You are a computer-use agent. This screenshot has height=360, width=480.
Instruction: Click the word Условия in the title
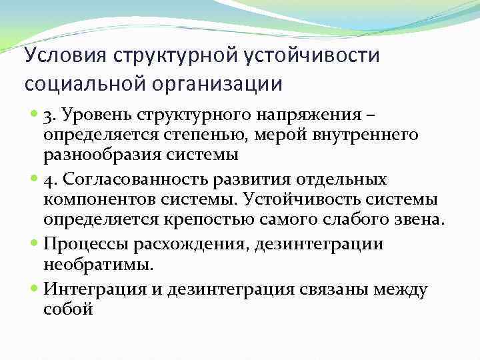63,55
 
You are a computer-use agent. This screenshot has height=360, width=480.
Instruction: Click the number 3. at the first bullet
51,119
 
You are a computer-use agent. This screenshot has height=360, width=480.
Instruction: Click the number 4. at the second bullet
51,180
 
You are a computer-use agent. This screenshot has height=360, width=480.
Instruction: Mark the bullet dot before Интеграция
35,289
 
